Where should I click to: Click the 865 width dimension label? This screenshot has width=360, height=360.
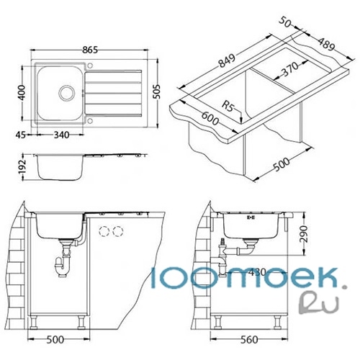(x=90, y=50)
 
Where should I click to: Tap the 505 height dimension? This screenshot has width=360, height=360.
(x=157, y=91)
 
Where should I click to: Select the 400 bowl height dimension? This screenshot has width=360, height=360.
(x=22, y=92)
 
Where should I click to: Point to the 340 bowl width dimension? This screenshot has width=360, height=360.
(x=61, y=135)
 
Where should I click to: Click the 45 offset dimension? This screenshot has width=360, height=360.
(x=20, y=135)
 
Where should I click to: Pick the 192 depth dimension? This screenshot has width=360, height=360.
(x=22, y=167)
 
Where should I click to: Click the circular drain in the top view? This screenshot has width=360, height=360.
(x=67, y=93)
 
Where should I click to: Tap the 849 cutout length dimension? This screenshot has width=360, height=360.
(x=226, y=61)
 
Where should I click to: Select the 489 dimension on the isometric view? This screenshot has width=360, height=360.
(x=326, y=44)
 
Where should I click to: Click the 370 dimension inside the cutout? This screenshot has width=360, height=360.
(x=289, y=69)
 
